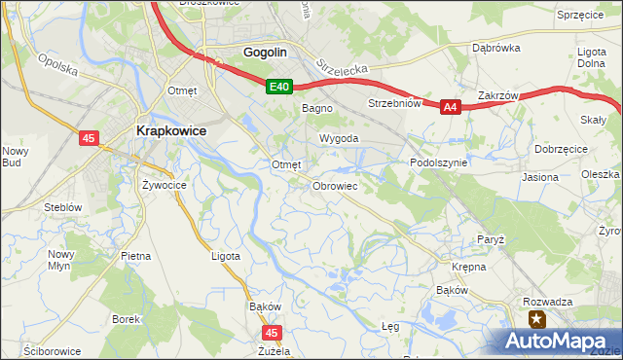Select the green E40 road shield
[x=280, y=88]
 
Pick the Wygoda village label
[x=333, y=138]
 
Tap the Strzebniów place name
[x=393, y=102]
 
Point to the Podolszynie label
[x=439, y=162]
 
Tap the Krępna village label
[x=468, y=266]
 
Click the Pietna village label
[x=135, y=256]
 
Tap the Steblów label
[x=61, y=207]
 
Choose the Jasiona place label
[x=540, y=177]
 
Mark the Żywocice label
[x=164, y=184]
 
